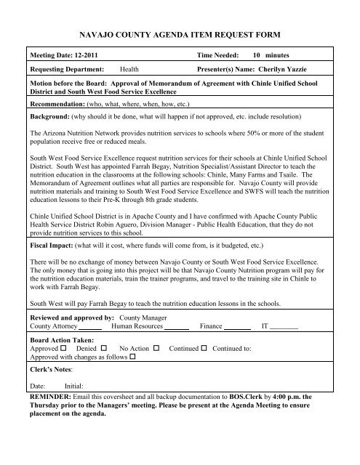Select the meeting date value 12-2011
tap(87, 55)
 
